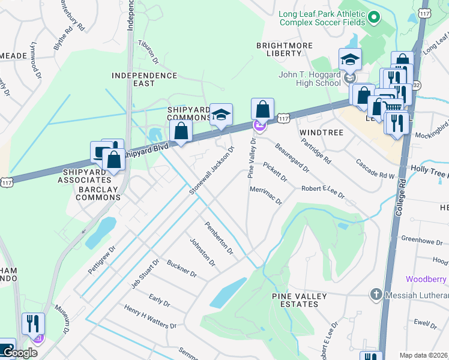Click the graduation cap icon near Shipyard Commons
[221, 115]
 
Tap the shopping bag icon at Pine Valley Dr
[262, 109]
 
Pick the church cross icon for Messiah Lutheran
[376, 294]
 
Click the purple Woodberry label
[426, 279]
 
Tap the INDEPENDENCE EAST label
[145, 80]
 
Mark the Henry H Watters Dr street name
[150, 317]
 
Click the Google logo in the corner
[19, 352]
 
